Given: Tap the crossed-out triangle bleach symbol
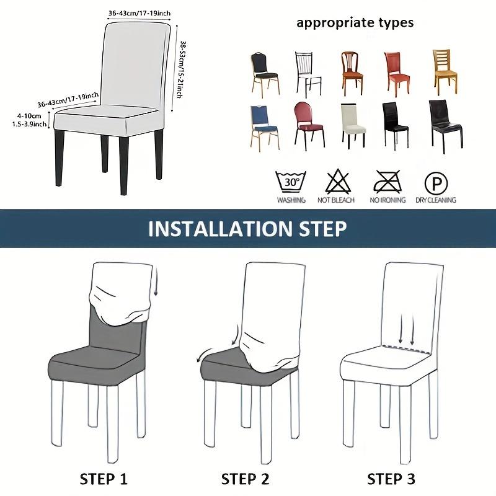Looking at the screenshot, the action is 338,181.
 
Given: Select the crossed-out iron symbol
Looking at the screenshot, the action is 387,181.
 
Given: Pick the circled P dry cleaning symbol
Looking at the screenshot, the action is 436,183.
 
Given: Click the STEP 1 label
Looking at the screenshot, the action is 104,479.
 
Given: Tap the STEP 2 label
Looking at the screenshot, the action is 245,479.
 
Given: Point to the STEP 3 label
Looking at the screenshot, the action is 391,479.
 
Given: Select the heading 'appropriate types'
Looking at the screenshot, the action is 355,23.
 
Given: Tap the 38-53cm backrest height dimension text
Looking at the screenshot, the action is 180,69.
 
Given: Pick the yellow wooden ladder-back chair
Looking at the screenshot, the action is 445,72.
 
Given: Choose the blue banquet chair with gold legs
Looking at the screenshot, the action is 265,128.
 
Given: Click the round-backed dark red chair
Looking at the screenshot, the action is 309,126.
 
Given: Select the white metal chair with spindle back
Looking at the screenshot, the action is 308,74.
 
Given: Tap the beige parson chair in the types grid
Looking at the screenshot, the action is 353,126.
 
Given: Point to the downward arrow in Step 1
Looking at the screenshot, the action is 156,281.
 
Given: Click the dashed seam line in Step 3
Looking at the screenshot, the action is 406,349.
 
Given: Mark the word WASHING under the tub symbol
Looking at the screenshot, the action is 291,200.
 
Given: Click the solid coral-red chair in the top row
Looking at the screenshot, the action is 397,74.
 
